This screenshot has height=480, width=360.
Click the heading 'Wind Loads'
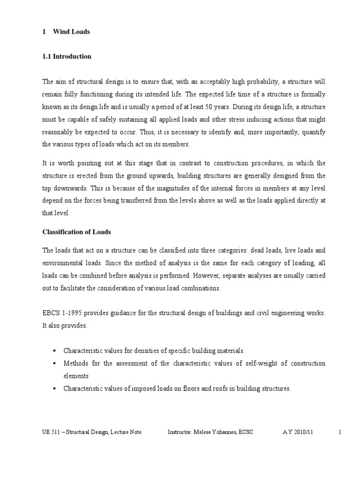(71, 32)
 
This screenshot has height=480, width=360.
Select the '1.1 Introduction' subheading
(67, 56)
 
